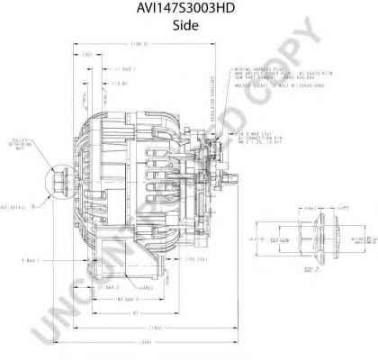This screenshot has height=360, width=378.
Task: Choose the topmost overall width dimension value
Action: click(x=139, y=44)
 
